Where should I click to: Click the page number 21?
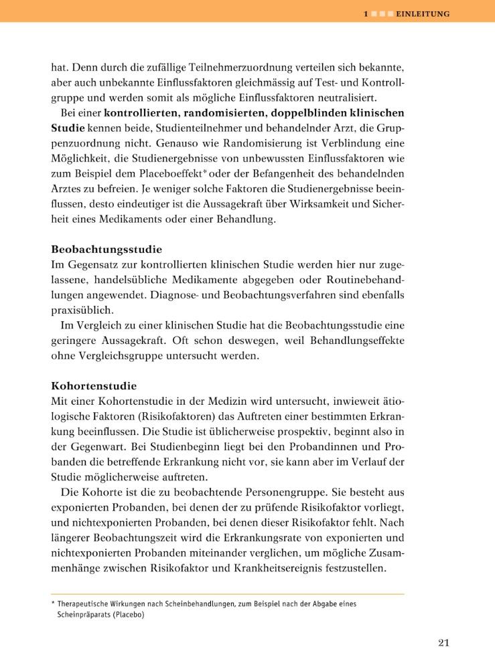click(443, 643)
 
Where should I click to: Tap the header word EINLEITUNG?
click(423, 13)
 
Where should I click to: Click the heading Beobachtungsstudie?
click(107, 250)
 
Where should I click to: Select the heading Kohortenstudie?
click(94, 386)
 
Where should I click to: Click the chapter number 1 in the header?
click(366, 13)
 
